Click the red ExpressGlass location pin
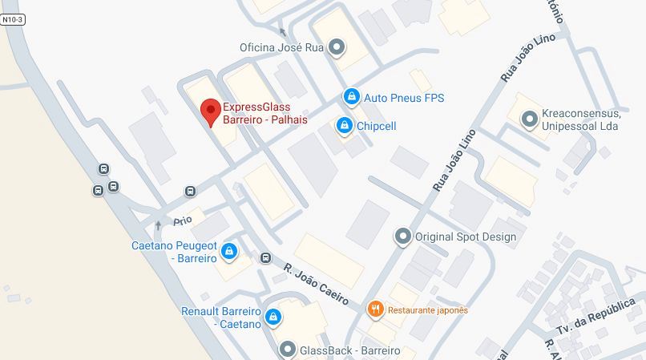coord(210,111)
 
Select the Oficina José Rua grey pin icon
coord(337,47)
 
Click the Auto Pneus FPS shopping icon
coord(350,97)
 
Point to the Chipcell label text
coord(376,126)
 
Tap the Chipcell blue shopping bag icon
coord(344,126)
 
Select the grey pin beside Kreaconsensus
coord(528,119)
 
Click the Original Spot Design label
coord(465,237)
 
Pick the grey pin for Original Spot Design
coord(402,237)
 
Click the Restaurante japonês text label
coord(428,309)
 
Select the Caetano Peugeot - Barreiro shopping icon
coord(230,252)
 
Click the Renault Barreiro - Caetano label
coord(221,317)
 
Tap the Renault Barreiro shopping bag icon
coord(273,317)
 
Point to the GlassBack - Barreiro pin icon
coord(288,350)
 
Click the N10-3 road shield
coord(13,19)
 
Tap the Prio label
coord(183,220)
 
